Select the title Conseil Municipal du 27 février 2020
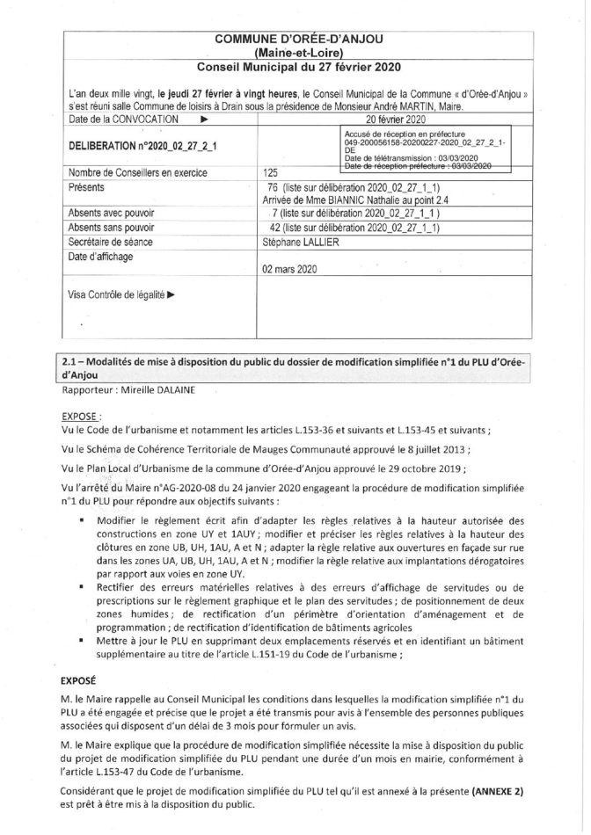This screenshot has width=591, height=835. (295, 67)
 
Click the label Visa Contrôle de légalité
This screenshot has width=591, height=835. (120, 295)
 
